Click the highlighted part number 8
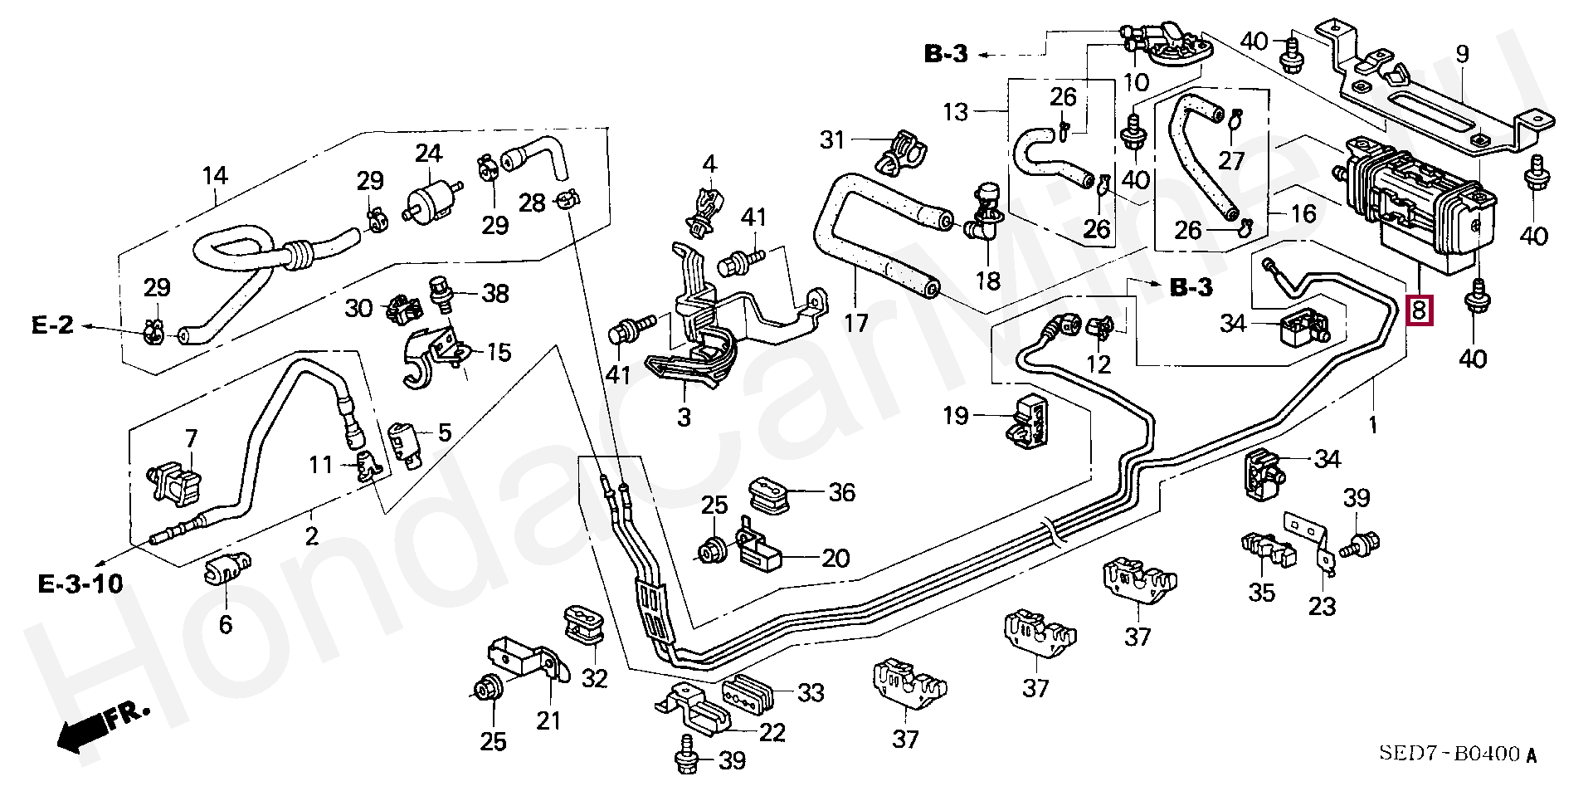click(1419, 310)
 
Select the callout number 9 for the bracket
click(1461, 55)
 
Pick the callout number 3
click(684, 417)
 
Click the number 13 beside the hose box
click(956, 111)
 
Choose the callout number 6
click(226, 623)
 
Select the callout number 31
click(832, 140)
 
